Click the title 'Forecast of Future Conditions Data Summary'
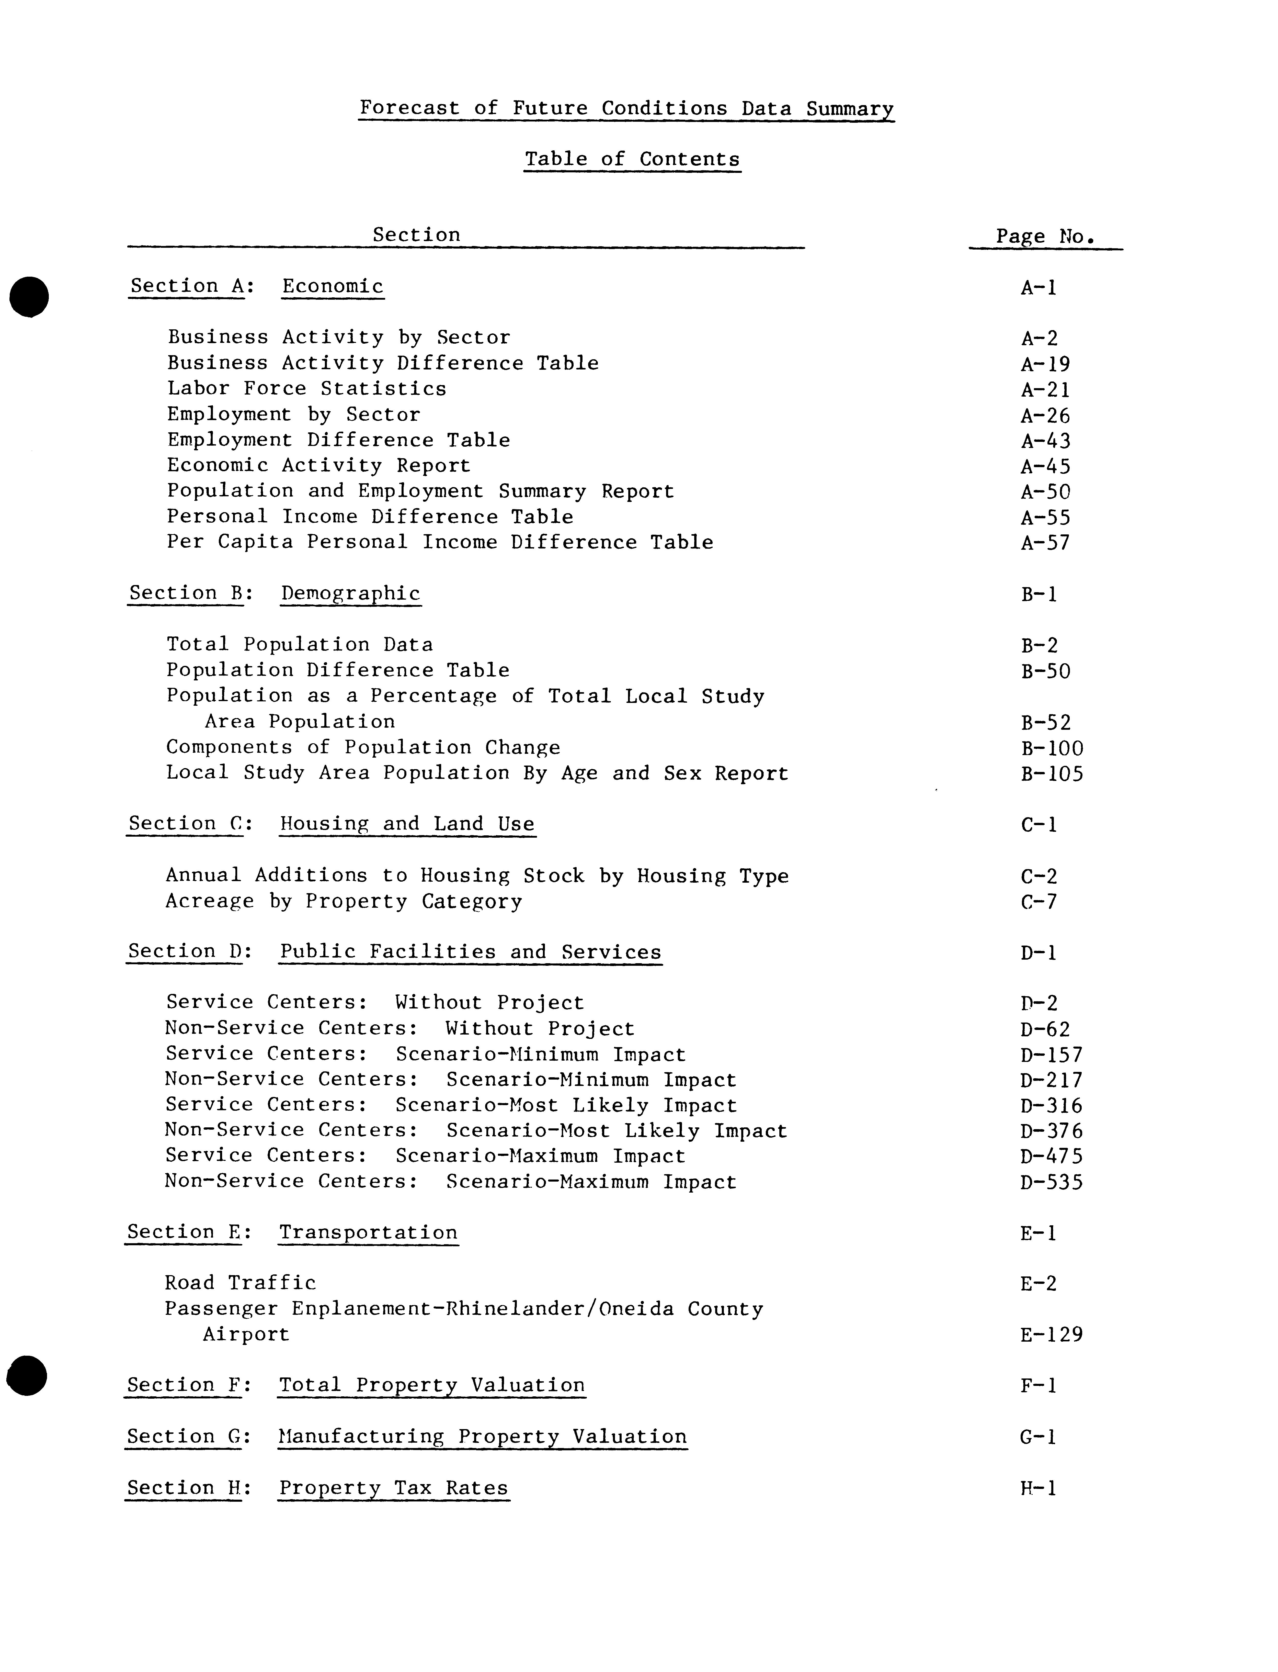click(x=626, y=108)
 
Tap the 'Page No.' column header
click(x=1045, y=237)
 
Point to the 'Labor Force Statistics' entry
click(x=306, y=389)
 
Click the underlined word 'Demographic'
click(x=351, y=594)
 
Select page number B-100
click(x=1052, y=749)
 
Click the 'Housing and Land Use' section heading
click(x=407, y=824)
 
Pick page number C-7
click(x=1039, y=903)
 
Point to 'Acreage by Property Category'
click(x=344, y=902)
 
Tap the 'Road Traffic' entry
click(x=240, y=1283)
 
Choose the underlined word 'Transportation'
click(x=368, y=1233)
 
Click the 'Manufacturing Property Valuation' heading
click(x=482, y=1437)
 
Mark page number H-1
click(x=1038, y=1489)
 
